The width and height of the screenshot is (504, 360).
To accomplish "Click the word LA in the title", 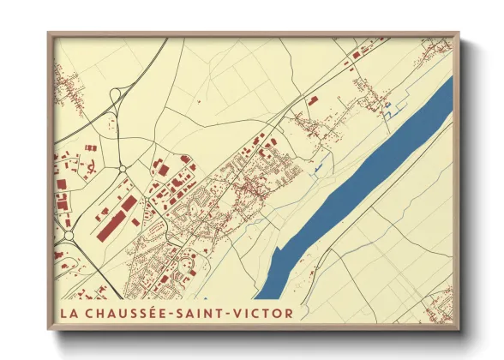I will tap(69, 313).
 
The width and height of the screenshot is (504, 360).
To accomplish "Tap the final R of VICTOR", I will tap(289, 313).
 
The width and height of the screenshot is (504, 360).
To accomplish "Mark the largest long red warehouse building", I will tap(116, 219).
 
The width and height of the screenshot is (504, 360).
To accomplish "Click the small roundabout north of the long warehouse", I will tap(122, 168).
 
